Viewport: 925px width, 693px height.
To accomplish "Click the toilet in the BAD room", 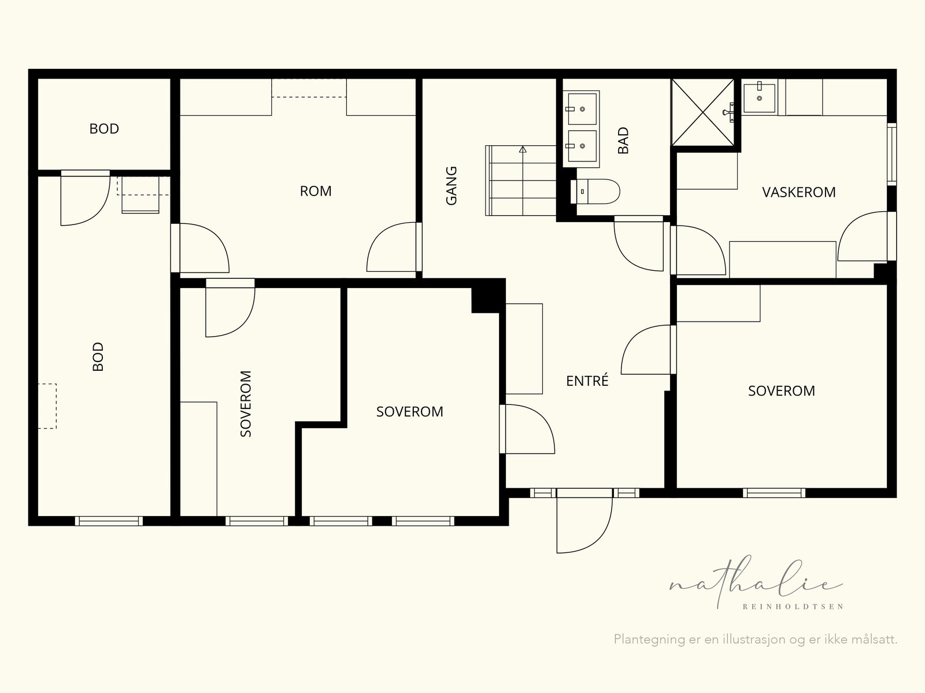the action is point(595,191).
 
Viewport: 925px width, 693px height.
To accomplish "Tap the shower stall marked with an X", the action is point(702,113).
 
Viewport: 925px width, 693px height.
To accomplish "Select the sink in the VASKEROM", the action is point(759,98).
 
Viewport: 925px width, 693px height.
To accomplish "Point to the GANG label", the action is point(452,186).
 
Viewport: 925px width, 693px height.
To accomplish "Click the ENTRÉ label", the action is point(587,381).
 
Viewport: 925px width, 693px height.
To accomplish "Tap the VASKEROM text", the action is point(798,192).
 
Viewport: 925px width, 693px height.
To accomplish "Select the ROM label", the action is point(316,191).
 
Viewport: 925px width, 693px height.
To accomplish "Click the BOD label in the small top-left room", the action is point(104,128).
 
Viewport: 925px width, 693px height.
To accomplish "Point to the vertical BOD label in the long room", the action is point(98,356).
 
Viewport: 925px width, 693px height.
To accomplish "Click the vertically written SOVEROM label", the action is point(245,403).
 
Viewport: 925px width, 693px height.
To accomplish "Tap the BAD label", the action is point(623,141).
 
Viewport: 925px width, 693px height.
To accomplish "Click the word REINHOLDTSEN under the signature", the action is point(793,607).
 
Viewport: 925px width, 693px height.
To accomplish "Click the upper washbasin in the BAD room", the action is point(582,109).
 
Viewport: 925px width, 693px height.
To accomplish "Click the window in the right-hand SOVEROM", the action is point(774,493).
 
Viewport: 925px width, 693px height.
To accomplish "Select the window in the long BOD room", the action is point(109,521).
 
